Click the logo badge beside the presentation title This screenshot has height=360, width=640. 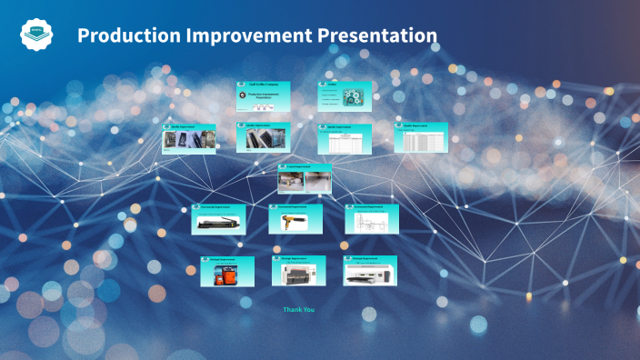pyautogui.click(x=37, y=35)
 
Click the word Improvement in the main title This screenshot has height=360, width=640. pyautogui.click(x=253, y=35)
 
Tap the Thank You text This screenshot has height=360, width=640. pyautogui.click(x=299, y=310)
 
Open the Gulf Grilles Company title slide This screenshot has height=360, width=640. pyautogui.click(x=264, y=96)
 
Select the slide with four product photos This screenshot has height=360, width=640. pyautogui.click(x=189, y=138)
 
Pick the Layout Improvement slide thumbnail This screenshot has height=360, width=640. pyautogui.click(x=304, y=178)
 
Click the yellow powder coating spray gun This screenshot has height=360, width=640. pyautogui.click(x=295, y=221)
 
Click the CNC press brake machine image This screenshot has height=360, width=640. pyautogui.click(x=297, y=272)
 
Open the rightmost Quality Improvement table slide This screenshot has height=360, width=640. pyautogui.click(x=421, y=137)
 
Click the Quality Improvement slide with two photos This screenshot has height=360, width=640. pyautogui.click(x=264, y=137)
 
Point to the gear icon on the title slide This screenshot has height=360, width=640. pyautogui.click(x=242, y=95)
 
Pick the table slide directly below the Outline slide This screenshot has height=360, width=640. pyautogui.click(x=345, y=139)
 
